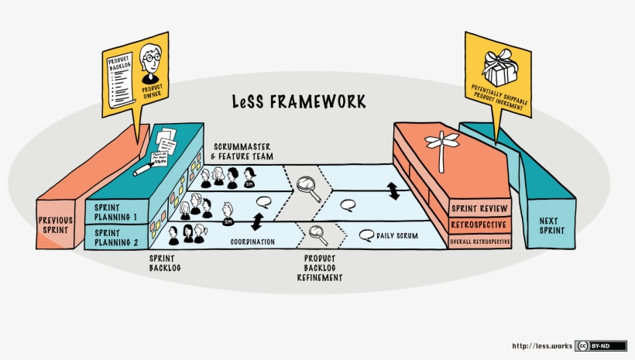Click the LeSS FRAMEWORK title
pos(300,102)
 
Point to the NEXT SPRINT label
pos(552,225)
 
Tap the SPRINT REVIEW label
pos(480,208)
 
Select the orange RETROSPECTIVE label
pos(480,225)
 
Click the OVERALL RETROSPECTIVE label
pos(480,242)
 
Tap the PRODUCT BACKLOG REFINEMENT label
pos(320,267)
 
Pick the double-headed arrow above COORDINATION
pos(256,223)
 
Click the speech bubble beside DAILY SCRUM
pos(366,235)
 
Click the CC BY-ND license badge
pos(601,346)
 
